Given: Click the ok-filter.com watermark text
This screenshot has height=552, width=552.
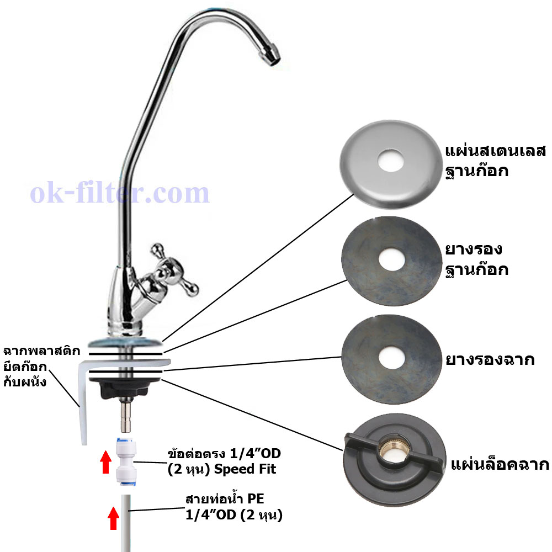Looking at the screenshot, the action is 120,193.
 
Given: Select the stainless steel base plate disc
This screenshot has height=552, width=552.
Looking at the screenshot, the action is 391,164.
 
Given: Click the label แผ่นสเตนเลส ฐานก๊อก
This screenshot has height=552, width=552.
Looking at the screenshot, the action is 495,161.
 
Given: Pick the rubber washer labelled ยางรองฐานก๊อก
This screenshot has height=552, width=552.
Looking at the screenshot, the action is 391,261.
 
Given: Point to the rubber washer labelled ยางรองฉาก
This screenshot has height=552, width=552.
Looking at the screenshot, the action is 391,359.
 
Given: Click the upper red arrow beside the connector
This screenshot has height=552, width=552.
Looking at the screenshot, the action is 105,461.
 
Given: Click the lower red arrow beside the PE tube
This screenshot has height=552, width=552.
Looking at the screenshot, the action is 113,518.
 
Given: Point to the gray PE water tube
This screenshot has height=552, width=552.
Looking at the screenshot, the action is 126,523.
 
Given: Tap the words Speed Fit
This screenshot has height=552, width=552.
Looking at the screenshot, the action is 245,469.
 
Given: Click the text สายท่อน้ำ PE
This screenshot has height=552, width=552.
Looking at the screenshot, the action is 225,499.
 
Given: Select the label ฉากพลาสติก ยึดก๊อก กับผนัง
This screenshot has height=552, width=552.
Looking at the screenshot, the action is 42,367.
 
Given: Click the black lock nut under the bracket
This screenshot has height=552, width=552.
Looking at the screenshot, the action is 125,388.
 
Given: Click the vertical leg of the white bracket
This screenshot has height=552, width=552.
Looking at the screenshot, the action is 82,405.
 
